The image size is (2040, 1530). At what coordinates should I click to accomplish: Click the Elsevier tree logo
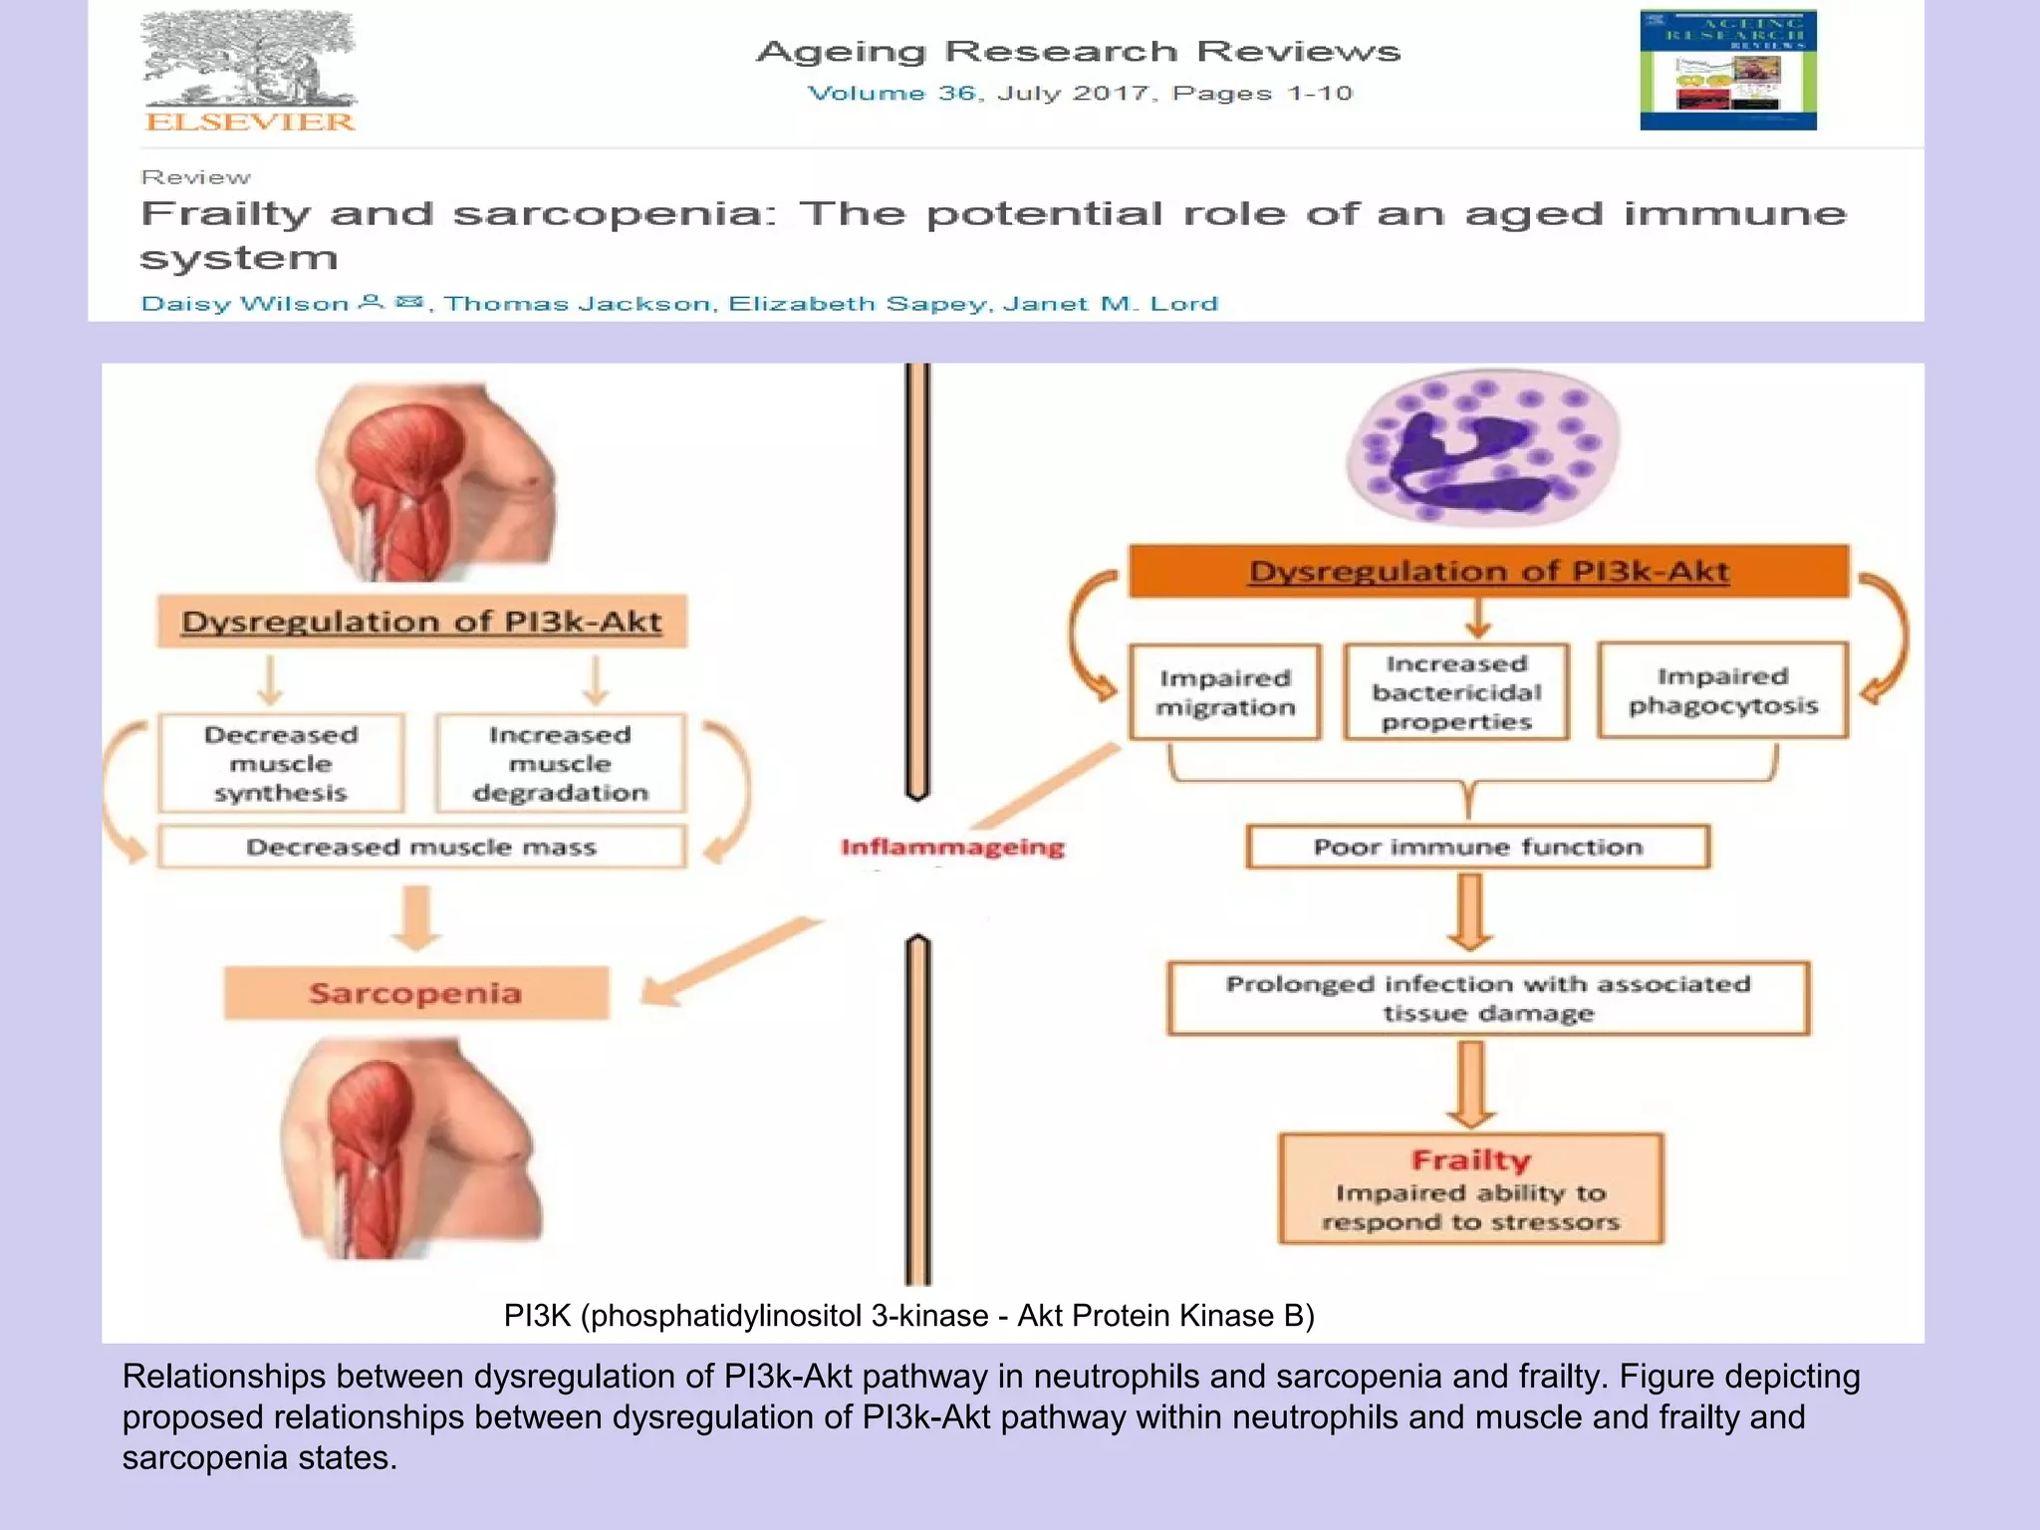coord(249,60)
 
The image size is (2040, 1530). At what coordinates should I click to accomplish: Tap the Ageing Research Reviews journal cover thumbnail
coord(1727,70)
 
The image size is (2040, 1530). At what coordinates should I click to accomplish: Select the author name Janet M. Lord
coord(1110,303)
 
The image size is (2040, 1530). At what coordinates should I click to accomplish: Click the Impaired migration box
coord(1225,692)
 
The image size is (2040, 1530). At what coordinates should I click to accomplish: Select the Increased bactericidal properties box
coord(1456,692)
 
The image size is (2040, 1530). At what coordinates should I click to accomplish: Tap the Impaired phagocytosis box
coord(1722,690)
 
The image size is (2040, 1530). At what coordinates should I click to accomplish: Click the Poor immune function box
coord(1477,847)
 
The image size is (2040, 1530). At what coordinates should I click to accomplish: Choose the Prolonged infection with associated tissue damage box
coord(1488,998)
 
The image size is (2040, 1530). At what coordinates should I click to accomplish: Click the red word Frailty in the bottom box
coord(1470,1160)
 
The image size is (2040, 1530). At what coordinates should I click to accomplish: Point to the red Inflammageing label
coord(952,847)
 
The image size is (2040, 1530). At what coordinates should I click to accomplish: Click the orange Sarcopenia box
coord(415,993)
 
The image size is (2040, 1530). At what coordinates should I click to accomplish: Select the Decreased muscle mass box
coord(421,847)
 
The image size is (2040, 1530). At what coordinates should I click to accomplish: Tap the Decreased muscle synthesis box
coord(281,763)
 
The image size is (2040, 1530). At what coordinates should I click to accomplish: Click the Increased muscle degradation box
coord(560,763)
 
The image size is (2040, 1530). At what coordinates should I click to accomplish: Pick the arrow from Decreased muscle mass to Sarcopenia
coord(416,916)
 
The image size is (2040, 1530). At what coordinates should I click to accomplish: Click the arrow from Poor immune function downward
coord(1470,911)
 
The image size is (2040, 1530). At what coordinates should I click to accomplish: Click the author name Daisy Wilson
coord(245,303)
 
